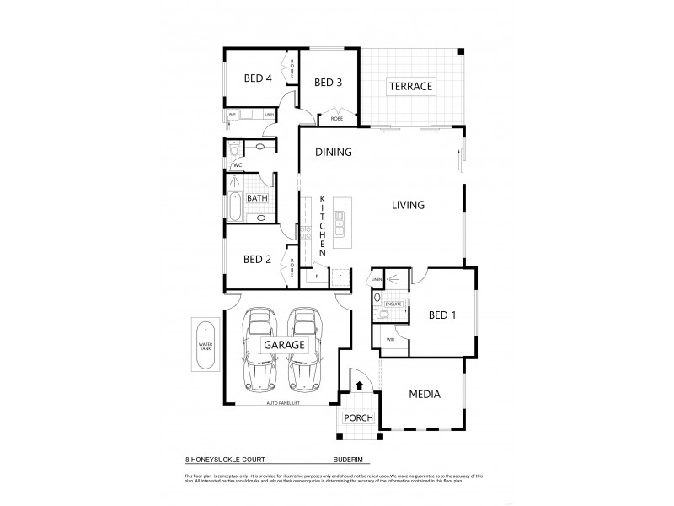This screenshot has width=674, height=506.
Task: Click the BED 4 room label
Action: [x=257, y=78]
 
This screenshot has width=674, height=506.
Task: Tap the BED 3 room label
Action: [x=328, y=82]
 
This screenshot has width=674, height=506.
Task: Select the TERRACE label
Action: [x=409, y=86]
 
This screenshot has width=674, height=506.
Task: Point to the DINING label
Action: [x=333, y=153]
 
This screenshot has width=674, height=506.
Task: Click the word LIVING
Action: [x=407, y=205]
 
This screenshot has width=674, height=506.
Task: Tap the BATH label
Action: [x=258, y=199]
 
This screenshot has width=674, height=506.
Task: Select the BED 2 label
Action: [x=257, y=259]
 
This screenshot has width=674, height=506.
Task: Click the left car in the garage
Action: [x=259, y=346]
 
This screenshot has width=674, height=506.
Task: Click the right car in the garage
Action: [x=304, y=346]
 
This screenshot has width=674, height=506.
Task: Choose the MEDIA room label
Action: [x=425, y=394]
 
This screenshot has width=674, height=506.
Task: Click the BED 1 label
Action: [x=441, y=315]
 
